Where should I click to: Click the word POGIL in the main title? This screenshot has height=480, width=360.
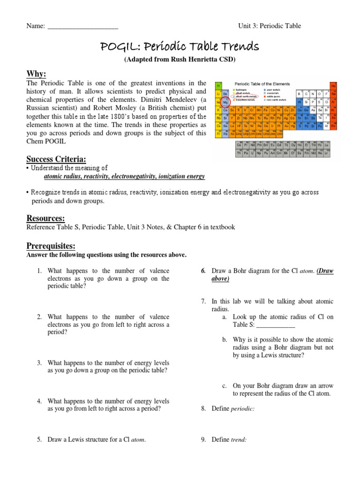(120, 46)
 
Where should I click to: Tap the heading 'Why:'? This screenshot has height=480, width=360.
(36, 74)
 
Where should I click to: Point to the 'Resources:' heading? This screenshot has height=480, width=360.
(45, 218)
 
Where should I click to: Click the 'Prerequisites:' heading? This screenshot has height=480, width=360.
(51, 246)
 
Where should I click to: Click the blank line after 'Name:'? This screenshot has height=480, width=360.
(82, 26)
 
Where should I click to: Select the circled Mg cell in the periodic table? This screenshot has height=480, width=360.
(225, 102)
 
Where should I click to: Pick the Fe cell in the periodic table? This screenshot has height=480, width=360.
(259, 110)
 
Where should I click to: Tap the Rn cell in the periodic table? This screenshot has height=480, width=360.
(333, 126)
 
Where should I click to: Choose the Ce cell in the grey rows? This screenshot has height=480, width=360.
(239, 145)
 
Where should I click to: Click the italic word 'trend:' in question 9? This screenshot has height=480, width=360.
(239, 440)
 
